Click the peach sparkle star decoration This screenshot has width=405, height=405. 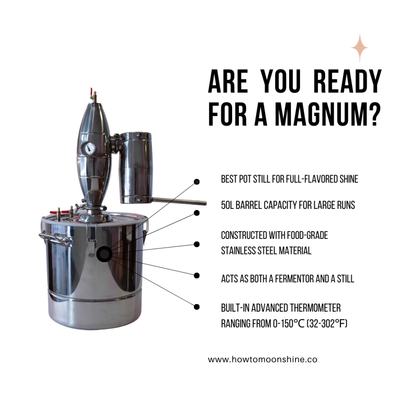tap(359, 48)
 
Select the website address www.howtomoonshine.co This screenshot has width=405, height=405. tap(263, 360)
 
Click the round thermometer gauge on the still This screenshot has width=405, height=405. tap(88, 148)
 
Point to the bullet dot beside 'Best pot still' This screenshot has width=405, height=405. tap(197, 182)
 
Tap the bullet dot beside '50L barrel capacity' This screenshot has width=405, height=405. tap(197, 213)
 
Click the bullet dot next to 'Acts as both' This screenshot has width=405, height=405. tap(197, 275)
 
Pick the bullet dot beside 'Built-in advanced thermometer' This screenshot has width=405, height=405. tap(197, 306)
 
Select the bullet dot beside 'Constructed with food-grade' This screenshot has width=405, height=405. tap(197, 244)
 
